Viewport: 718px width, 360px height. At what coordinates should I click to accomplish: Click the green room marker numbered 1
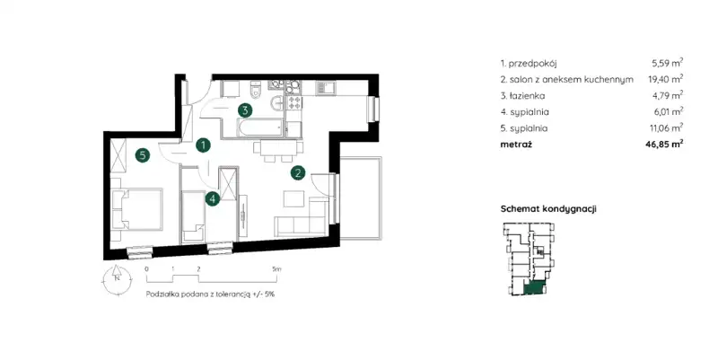coord(203,145)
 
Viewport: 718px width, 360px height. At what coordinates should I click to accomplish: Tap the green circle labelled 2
coord(298,173)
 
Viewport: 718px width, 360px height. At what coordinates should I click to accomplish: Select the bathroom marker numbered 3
coord(245,110)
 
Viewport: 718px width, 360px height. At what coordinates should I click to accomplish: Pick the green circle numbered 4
coord(213,198)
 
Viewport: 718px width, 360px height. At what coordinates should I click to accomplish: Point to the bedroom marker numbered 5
coord(143,155)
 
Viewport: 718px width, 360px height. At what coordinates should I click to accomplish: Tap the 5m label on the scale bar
coord(276,269)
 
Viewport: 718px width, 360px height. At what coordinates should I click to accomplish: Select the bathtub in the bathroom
coord(259,127)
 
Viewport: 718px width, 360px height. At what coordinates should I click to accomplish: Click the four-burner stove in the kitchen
coord(294,102)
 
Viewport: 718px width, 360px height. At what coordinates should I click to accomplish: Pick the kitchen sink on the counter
coord(325,87)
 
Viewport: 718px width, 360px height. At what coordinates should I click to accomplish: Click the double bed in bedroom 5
coord(137,209)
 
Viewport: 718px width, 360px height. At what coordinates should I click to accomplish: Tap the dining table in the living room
coord(276,148)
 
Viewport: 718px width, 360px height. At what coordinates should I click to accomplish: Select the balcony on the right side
coord(362,198)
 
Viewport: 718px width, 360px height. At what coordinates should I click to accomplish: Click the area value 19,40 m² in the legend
coord(665,79)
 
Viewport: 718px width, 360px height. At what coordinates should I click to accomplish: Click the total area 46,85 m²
coord(665,145)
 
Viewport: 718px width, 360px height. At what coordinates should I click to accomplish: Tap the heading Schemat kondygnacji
coord(548,209)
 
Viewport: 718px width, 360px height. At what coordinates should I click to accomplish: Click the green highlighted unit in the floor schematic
coord(535,288)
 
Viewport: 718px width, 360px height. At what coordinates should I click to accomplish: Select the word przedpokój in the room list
coord(532,64)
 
